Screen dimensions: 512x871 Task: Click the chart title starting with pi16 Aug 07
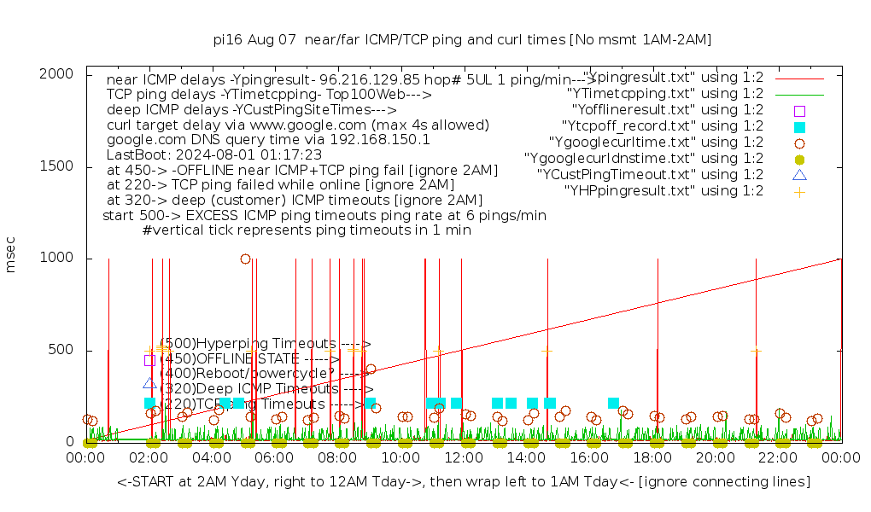[462, 39]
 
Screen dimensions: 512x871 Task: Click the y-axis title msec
[11, 258]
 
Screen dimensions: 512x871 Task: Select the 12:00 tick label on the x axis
[464, 458]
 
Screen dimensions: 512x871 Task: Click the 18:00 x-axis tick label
[652, 458]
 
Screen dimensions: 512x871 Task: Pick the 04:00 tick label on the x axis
[212, 458]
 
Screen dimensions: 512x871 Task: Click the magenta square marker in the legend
[799, 110]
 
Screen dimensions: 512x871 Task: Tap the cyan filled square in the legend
[799, 126]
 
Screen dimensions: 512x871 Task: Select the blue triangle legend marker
[799, 175]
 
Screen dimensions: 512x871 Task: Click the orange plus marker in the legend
[799, 191]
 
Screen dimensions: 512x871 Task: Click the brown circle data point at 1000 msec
[245, 259]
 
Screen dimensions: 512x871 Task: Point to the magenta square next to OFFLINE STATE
[149, 360]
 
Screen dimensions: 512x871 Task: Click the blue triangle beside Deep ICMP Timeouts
[149, 383]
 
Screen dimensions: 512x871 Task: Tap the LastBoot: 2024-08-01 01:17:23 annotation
[213, 155]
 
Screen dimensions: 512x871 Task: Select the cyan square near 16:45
[613, 403]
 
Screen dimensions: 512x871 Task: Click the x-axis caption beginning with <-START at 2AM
[464, 482]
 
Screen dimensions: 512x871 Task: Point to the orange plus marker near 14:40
[547, 351]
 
